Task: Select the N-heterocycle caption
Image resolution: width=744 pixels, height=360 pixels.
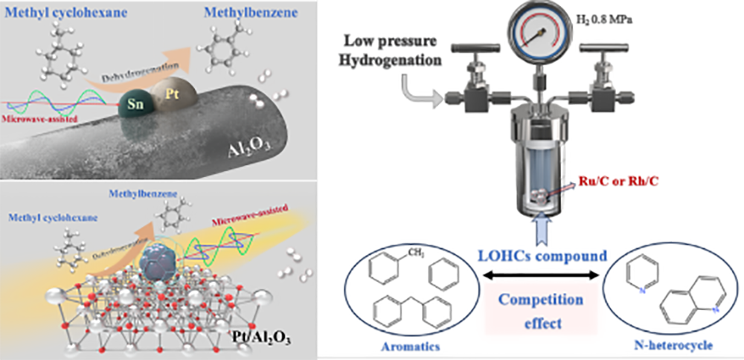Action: pos(673,346)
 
